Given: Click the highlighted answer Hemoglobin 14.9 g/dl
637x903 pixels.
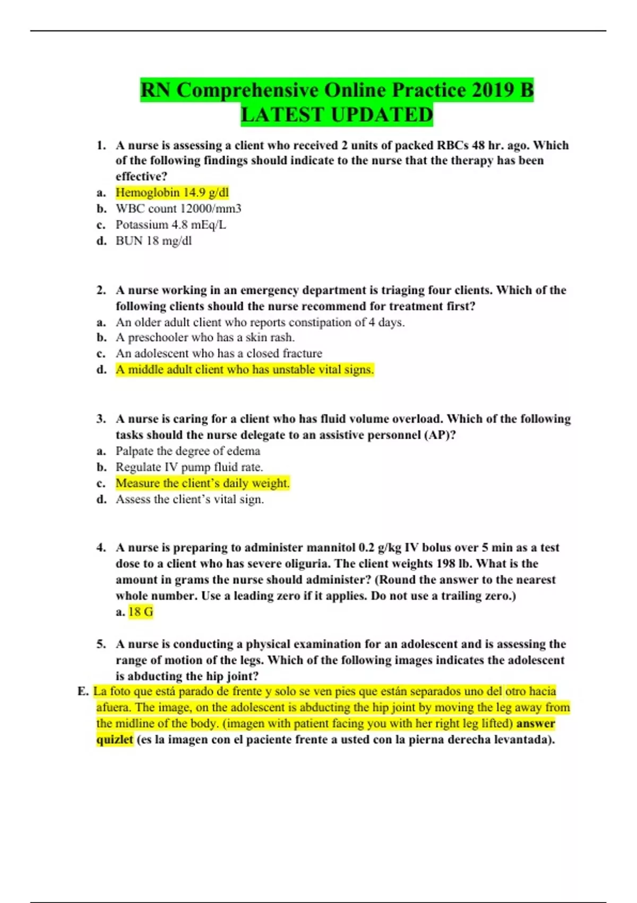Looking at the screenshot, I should coord(172,192).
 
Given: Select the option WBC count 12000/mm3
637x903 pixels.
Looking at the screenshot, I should coord(178,209).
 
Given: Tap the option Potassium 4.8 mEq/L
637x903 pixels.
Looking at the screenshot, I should coord(171,225).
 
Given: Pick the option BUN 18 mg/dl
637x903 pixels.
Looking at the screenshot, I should coord(154,241).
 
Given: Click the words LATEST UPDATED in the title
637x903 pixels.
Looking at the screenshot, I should coord(337,115).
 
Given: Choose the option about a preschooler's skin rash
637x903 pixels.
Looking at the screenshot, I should coord(205,337).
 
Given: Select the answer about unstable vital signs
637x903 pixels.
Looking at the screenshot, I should coord(245,370).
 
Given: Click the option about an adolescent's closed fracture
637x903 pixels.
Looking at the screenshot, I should coord(219,354).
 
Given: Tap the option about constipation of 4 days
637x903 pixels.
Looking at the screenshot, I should coord(260,322).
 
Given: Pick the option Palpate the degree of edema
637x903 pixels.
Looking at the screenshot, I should coord(188,451).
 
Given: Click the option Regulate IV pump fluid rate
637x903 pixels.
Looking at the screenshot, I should coord(190,467).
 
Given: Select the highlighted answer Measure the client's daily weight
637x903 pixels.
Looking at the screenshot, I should coord(202,483).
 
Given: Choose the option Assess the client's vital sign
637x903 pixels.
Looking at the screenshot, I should coord(190,499).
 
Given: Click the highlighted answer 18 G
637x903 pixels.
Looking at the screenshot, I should coord(141,612).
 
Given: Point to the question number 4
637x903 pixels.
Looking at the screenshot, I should coord(101,548).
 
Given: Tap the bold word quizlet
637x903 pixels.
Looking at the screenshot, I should coord(115,740).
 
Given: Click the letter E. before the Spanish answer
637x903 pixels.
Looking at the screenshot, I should coord(83,692).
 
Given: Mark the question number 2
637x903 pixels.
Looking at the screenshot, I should coord(101,290).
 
